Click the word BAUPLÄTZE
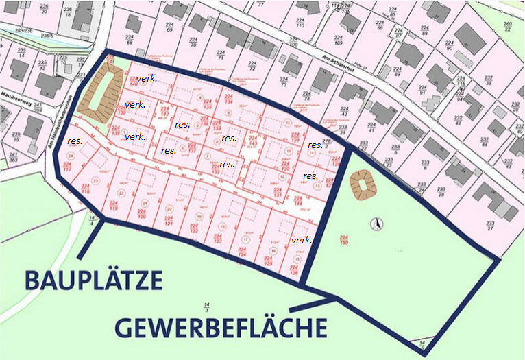(93, 280)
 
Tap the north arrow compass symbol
(375, 224)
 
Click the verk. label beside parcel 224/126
(301, 241)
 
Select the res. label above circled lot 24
(75, 141)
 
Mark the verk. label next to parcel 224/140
(135, 104)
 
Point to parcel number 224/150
(343, 239)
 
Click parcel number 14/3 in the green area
(205, 305)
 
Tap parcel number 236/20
(44, 8)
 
